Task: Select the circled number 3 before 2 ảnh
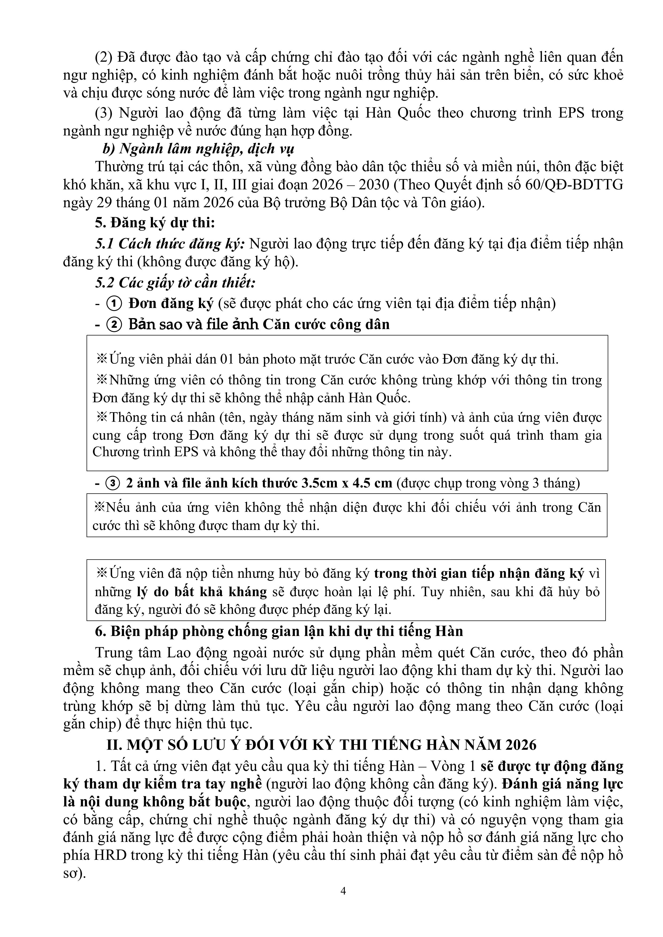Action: (x=113, y=483)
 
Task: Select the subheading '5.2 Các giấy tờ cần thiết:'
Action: (x=175, y=282)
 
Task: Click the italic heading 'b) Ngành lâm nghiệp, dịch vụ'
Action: (x=198, y=149)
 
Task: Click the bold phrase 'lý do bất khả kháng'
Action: (x=202, y=591)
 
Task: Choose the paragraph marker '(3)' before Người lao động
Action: (x=103, y=113)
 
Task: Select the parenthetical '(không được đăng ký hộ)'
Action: (x=218, y=261)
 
